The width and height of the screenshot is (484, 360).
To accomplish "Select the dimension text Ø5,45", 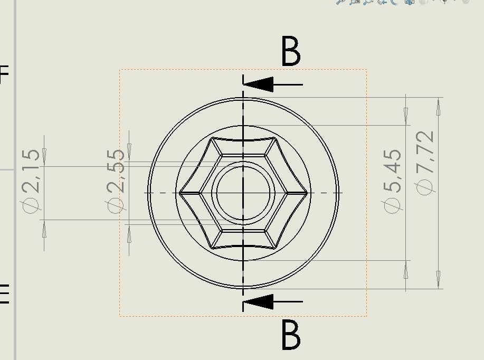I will click(393, 181).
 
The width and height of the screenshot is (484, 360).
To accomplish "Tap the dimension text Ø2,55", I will click(117, 180).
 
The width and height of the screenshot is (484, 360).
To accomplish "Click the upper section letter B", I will click(291, 52).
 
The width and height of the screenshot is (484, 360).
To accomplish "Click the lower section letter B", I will click(291, 335).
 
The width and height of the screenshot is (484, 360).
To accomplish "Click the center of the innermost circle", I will click(243, 193).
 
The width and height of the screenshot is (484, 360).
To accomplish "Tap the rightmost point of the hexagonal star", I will click(307, 193).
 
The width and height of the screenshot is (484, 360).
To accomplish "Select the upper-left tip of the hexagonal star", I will click(212, 139).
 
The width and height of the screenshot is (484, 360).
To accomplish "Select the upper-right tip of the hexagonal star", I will click(274, 139).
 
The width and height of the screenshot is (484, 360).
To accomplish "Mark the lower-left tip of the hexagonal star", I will click(212, 247).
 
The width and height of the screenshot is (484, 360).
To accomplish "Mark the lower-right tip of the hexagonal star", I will click(274, 247).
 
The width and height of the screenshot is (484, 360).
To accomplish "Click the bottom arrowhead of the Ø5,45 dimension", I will click(406, 271).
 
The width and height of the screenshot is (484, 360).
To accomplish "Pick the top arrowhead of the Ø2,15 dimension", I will click(44, 155).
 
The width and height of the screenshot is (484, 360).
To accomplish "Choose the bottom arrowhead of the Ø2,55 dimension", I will click(130, 232).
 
